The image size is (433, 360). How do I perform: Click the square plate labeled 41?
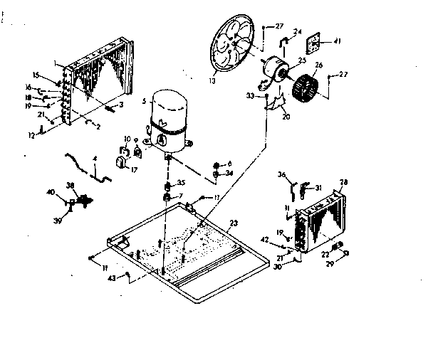click(313, 46)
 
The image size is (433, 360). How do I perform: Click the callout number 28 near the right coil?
click(344, 182)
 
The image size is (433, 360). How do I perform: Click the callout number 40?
click(51, 192)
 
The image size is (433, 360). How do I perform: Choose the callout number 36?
click(282, 174)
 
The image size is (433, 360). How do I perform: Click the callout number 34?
click(229, 173)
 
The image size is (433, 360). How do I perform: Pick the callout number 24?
click(297, 31)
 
